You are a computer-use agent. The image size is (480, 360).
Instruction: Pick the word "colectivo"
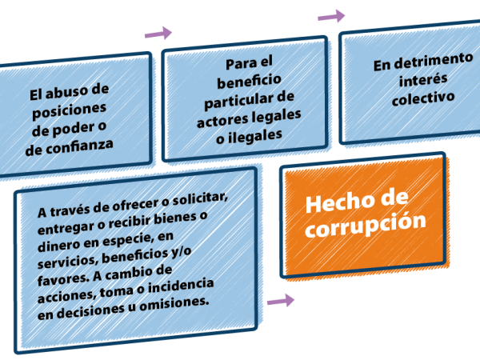pyautogui.click(x=423, y=98)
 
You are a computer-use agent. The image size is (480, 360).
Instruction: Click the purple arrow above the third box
pyautogui.click(x=331, y=15)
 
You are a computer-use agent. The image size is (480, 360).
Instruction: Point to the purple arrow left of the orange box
pyautogui.click(x=279, y=301)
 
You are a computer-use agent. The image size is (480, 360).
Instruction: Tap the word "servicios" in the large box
pyautogui.click(x=66, y=258)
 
